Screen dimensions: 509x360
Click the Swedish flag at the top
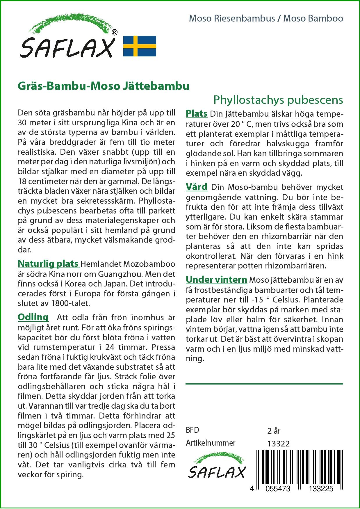tap(140, 46)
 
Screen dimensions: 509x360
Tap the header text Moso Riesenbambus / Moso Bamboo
tap(266, 19)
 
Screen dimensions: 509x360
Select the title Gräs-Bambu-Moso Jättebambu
tap(104, 86)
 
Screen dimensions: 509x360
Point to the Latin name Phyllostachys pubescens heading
tap(278, 100)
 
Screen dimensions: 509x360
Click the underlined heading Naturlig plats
tap(48, 264)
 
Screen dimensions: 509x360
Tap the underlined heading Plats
tap(196, 113)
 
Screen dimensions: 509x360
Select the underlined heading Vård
tap(196, 187)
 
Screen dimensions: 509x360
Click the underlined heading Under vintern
tap(216, 280)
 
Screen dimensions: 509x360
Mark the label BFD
tap(193, 430)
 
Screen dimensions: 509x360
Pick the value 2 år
tap(274, 430)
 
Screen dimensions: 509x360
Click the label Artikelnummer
tap(210, 443)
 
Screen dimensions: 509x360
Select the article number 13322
tap(278, 444)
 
